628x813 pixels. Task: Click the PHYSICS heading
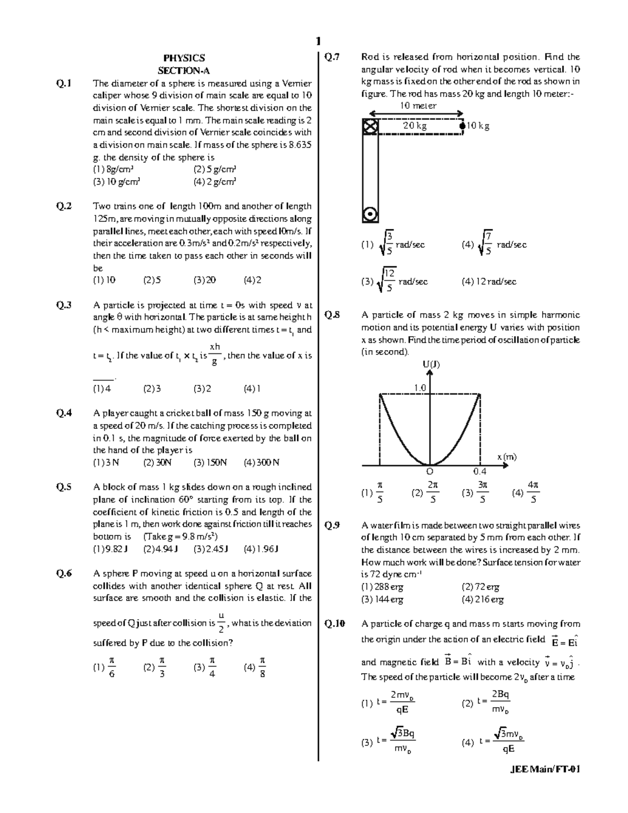coord(184,58)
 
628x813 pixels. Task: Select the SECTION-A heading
coord(184,71)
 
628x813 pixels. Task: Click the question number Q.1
coord(64,83)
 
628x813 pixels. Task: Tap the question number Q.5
coord(64,487)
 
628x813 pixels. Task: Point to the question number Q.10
coord(335,624)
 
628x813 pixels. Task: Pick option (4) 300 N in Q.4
coord(261,463)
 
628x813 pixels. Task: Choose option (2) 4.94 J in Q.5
coord(161,549)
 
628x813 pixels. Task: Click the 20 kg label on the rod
coord(414,126)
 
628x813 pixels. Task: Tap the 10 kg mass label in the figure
coord(478,126)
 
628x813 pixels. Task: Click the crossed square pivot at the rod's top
coord(369,126)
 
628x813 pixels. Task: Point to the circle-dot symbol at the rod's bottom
coord(369,214)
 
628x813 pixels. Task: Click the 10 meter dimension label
coord(418,106)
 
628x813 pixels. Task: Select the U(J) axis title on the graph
coord(431,364)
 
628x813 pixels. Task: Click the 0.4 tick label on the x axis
coord(479,472)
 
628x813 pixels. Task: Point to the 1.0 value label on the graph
coord(420,388)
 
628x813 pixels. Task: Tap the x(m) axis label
coord(507,456)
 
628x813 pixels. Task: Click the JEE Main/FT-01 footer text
coord(544,769)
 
